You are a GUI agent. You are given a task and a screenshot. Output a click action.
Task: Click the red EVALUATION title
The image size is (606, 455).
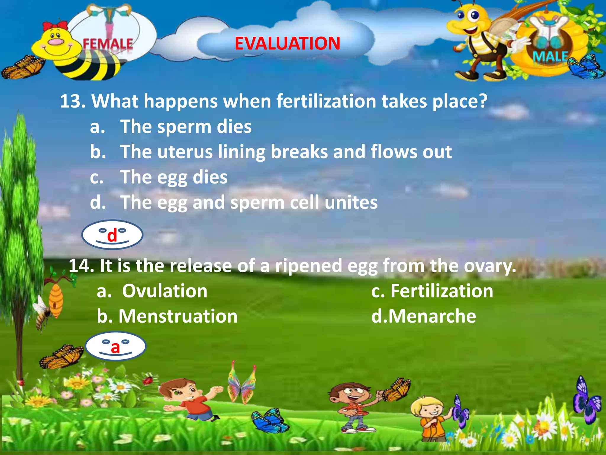pos(287,44)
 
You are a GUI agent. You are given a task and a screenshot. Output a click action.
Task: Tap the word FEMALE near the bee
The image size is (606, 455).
pos(108,44)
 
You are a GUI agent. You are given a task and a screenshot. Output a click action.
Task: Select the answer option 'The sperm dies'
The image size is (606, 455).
pos(186,127)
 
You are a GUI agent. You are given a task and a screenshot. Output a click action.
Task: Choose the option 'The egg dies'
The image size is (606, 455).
pos(174,177)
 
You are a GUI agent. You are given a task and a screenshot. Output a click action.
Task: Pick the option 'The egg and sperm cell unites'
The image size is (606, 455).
pos(249,203)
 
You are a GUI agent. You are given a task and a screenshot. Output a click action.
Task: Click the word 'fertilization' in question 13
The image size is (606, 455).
pos(326,101)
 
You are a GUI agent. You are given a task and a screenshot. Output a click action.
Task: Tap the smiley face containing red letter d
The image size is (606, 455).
pos(112,235)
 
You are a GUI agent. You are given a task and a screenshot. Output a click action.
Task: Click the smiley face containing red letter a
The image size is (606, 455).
pos(116,346)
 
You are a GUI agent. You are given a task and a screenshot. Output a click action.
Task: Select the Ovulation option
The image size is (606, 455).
pos(165,291)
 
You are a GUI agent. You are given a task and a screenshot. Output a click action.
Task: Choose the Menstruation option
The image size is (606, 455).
pos(178,316)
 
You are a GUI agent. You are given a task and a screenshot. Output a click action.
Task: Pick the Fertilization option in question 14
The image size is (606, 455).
pos(441,291)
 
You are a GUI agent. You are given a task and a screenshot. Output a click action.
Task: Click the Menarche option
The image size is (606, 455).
pos(432,316)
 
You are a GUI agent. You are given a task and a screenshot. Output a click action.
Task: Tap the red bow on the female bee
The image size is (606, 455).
pos(55,25)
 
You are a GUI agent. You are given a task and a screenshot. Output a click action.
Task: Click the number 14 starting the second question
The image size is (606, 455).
pos(81,265)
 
